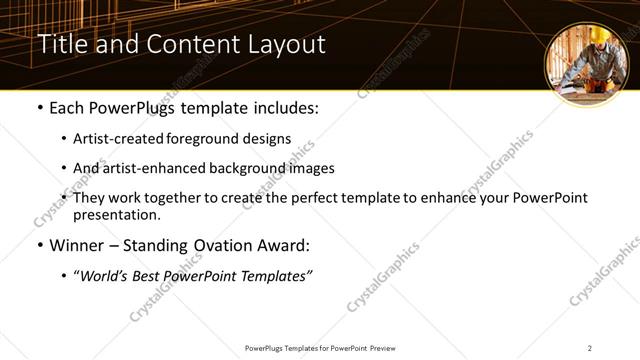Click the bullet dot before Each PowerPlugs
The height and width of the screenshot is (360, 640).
coord(39,108)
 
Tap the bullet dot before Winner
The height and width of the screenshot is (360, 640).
coord(39,246)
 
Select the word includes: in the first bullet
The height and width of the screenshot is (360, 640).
coord(283,108)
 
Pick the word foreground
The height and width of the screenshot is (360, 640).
coord(213,139)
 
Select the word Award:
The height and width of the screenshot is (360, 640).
coord(285,246)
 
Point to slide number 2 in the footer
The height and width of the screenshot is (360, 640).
coord(589,348)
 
